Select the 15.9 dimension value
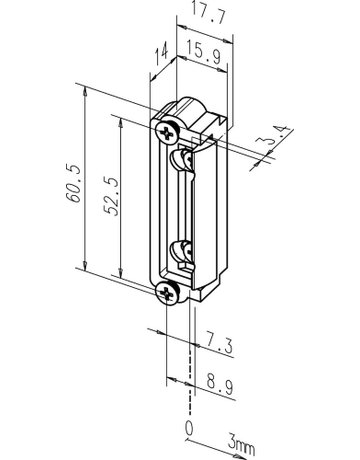coord(203,51)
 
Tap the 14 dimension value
coord(162,56)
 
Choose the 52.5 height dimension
coord(111,196)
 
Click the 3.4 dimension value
coord(274,136)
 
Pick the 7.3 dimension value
coord(219,343)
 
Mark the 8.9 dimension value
coord(220,384)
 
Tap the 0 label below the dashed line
coord(189,428)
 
